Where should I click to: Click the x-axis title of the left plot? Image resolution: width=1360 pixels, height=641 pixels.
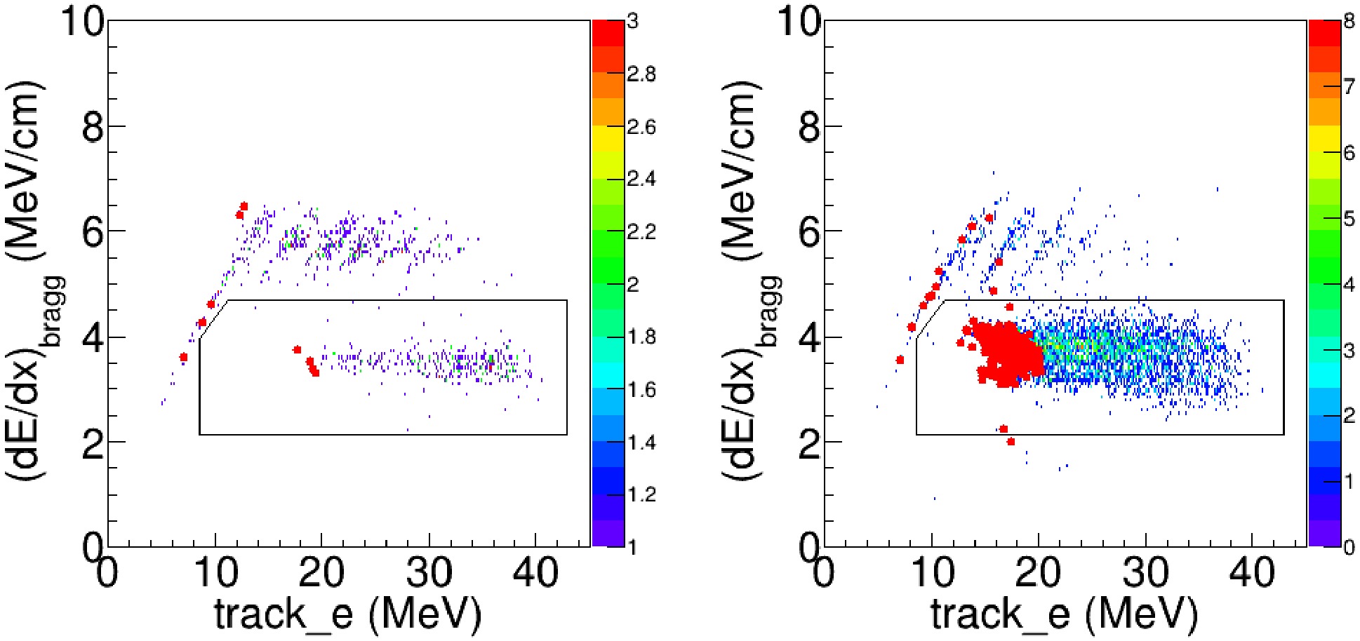click(x=348, y=615)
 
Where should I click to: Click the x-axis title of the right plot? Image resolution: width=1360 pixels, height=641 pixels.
click(x=1065, y=615)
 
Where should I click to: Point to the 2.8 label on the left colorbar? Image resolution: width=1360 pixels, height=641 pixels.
click(x=641, y=74)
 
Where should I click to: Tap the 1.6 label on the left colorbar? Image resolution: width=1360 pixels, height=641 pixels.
click(x=641, y=390)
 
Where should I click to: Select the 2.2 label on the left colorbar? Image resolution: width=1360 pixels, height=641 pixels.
click(x=641, y=232)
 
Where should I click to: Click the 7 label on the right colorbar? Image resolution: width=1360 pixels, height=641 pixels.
click(x=1349, y=87)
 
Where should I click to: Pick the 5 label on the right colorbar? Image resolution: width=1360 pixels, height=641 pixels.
click(x=1349, y=219)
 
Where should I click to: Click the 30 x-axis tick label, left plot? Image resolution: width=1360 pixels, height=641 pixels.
click(x=429, y=574)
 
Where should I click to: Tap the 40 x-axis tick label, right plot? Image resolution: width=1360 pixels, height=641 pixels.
click(x=1253, y=574)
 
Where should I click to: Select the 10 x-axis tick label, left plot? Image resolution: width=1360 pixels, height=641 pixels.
click(x=215, y=574)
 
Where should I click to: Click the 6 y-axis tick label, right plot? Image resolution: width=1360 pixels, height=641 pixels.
click(x=810, y=232)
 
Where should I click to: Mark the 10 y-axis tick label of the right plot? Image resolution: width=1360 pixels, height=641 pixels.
click(x=799, y=22)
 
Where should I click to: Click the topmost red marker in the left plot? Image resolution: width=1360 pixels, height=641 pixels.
click(x=244, y=206)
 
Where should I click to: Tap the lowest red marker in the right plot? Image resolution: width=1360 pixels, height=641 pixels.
click(x=1011, y=442)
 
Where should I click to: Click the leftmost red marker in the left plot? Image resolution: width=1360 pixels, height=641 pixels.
click(x=184, y=357)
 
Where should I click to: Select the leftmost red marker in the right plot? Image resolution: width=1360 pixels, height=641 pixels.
click(x=900, y=360)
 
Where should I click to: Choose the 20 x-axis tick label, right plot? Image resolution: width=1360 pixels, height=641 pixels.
click(x=1039, y=574)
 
